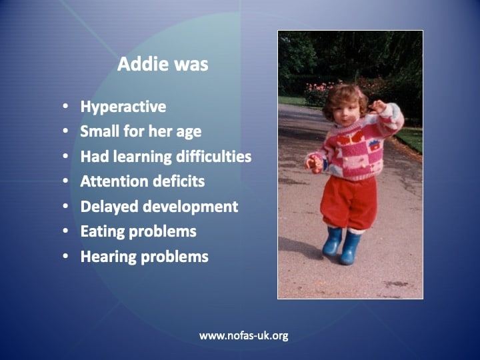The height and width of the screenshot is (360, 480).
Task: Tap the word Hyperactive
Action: coord(123,107)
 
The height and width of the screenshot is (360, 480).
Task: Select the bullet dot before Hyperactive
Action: coord(65,106)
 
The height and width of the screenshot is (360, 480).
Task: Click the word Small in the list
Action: coord(100,131)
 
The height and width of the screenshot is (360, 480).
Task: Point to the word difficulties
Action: coord(214,156)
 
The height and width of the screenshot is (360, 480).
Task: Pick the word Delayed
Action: coord(109,207)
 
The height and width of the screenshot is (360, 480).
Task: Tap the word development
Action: coord(191,207)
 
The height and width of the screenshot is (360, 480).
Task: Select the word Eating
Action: coord(103,232)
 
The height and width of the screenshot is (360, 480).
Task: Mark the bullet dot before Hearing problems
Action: coord(65,256)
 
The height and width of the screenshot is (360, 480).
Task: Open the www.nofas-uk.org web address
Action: coord(244,336)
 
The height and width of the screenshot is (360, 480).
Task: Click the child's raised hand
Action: coord(377,106)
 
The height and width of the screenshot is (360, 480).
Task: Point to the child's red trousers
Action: coord(349,203)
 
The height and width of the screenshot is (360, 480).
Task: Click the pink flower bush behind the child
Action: coord(319,93)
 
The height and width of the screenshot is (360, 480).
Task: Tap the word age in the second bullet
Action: coord(189,132)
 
